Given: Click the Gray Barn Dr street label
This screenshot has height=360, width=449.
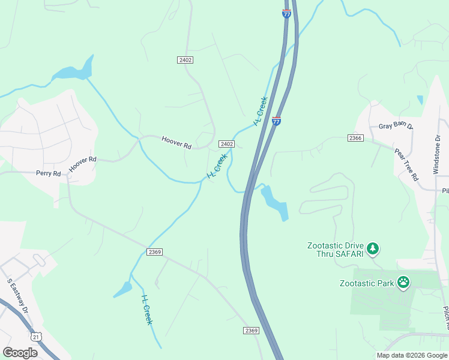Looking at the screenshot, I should click(396, 127).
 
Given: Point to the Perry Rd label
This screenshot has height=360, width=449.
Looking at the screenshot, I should click(49, 173).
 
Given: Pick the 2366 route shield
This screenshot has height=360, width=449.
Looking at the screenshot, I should click(355, 138).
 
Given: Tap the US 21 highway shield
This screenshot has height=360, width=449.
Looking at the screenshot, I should click(37, 338).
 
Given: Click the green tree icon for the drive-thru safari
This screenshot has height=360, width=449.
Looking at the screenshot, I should click(373, 248).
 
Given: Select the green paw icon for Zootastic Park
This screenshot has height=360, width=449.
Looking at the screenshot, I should click(403, 282).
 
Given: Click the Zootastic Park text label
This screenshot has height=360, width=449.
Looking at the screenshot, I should click(366, 283).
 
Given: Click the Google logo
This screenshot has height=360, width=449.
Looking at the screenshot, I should click(20, 352).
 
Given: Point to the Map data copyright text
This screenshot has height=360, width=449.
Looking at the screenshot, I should click(412, 355).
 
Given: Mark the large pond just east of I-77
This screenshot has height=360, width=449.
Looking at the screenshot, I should click(276, 203).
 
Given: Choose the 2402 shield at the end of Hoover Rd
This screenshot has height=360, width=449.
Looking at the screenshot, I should click(226, 144).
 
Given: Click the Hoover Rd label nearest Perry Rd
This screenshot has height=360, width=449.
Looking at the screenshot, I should click(82, 164).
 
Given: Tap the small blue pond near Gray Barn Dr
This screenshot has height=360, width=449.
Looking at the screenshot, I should click(420, 100).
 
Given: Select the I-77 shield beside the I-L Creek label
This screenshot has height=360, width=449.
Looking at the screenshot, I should click(276, 121).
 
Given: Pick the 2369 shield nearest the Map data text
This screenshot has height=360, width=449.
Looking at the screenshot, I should click(252, 331).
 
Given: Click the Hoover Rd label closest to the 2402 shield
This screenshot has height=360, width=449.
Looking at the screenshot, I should click(176, 143).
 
